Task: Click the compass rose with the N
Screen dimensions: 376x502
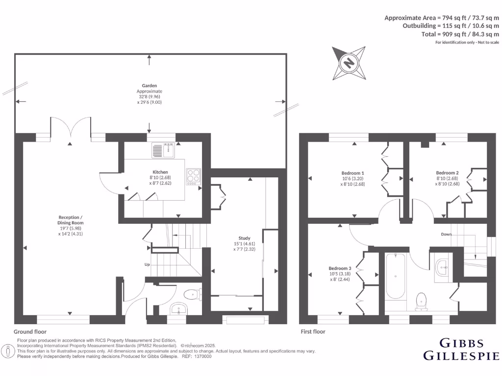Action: [x=349, y=63]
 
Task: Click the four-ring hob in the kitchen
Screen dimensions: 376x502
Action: [x=193, y=176]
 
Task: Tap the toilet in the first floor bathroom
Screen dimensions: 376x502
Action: [x=421, y=301]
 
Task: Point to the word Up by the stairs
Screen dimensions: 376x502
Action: [x=147, y=264]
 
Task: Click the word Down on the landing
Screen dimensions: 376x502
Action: [x=446, y=234]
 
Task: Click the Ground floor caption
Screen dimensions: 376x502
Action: [x=30, y=331]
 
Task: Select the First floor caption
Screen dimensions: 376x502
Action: [x=313, y=331]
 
